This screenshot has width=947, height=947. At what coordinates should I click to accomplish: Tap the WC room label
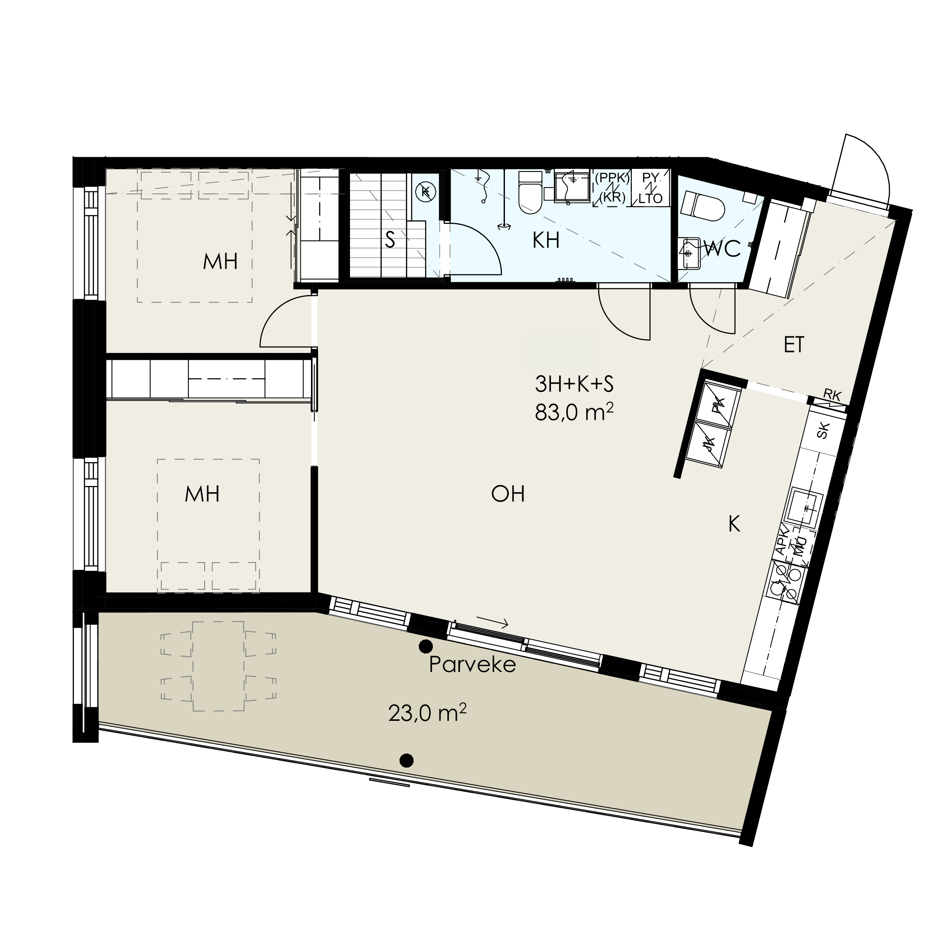pyautogui.click(x=722, y=249)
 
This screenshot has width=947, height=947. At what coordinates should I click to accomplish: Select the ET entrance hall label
pyautogui.click(x=794, y=345)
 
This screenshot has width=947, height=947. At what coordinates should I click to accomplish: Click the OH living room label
pyautogui.click(x=508, y=494)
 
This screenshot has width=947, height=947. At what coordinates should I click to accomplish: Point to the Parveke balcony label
pyautogui.click(x=472, y=665)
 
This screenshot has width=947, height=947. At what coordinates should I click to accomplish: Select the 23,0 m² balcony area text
pyautogui.click(x=427, y=713)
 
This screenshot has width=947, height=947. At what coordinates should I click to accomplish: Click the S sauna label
pyautogui.click(x=390, y=240)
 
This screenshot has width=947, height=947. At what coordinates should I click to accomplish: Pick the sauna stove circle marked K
pyautogui.click(x=425, y=192)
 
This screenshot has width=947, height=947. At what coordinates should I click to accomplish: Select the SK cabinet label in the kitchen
pyautogui.click(x=824, y=431)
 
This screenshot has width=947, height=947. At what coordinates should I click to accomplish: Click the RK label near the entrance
pyautogui.click(x=832, y=395)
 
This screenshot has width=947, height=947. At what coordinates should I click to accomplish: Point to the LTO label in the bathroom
pyautogui.click(x=650, y=198)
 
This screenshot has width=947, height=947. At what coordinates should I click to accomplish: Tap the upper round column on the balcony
pyautogui.click(x=425, y=647)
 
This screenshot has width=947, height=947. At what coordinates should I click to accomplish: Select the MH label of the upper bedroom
pyautogui.click(x=220, y=261)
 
